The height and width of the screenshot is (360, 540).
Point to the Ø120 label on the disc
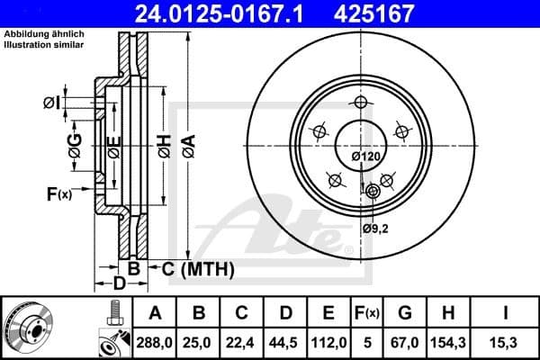click(364, 157)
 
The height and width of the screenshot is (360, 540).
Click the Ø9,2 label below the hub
click(374, 229)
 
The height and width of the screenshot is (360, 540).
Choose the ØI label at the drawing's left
click(51, 103)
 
